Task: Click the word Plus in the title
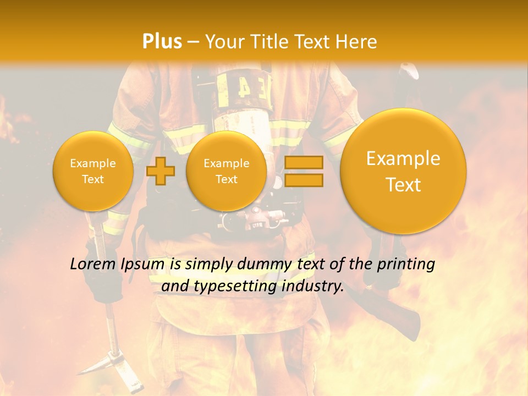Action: coord(162,42)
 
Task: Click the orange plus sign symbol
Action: coord(161,171)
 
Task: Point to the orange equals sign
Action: coord(303,171)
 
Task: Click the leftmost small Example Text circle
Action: coord(93,171)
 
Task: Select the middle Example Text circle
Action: coord(226,171)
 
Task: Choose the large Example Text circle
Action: coord(403,171)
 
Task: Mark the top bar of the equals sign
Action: coord(303,162)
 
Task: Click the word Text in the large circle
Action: coord(403,185)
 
